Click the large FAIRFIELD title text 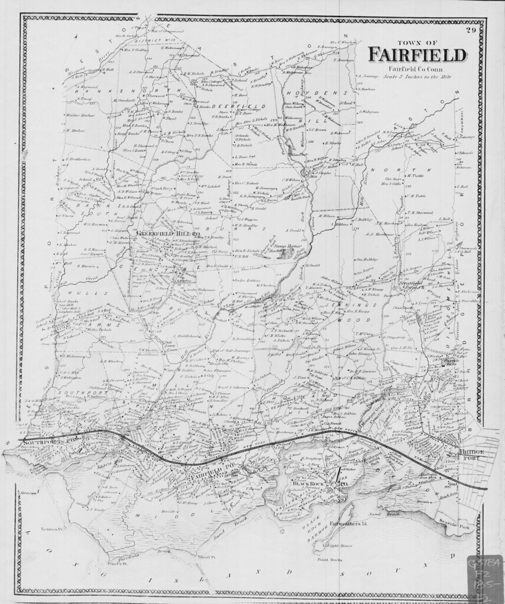[416, 54]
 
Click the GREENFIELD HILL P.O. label [161, 233]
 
